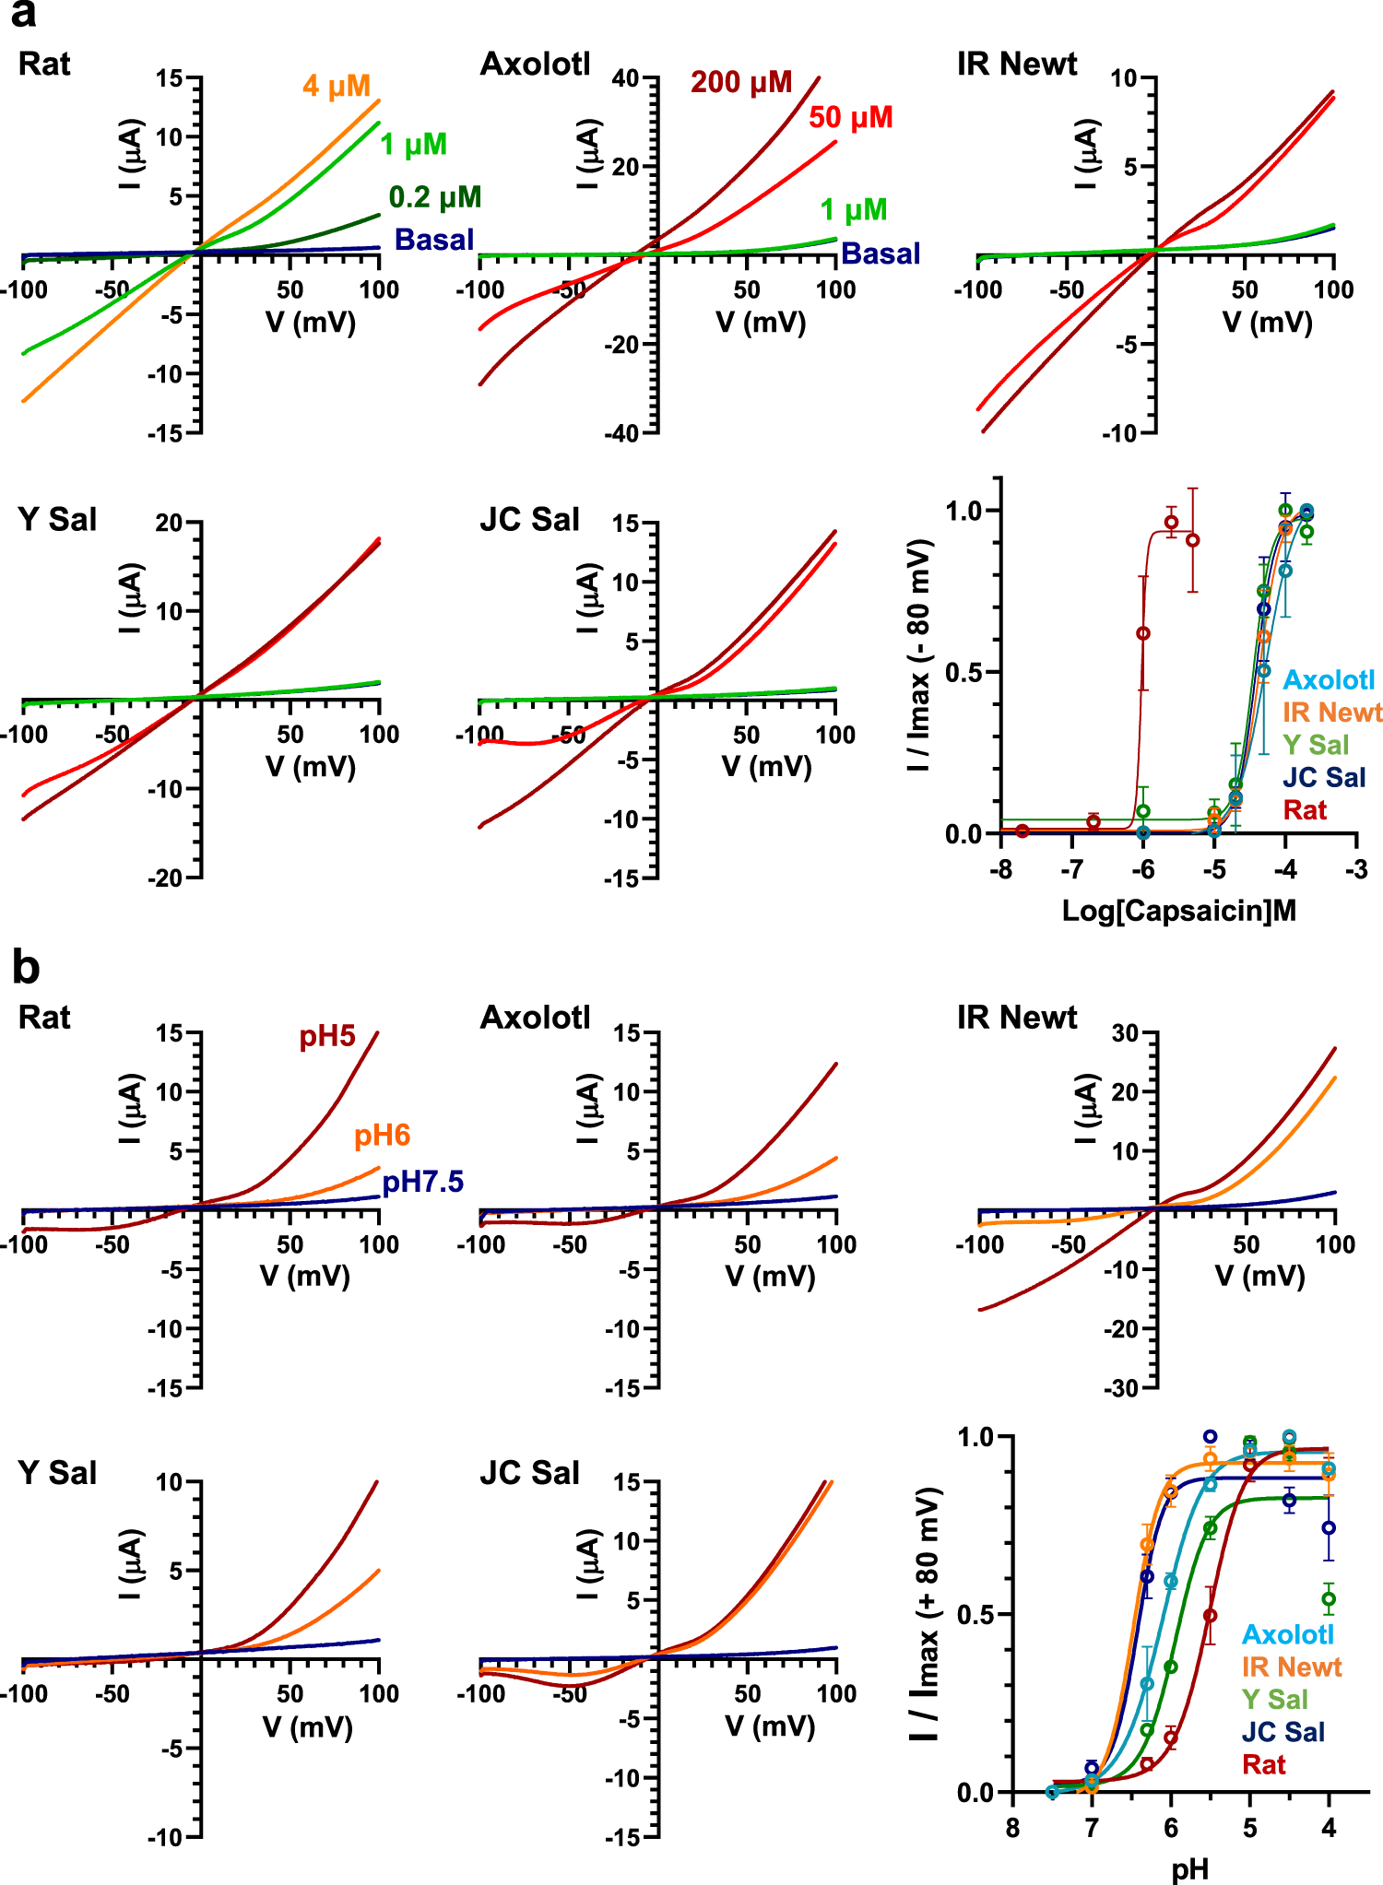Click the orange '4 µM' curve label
tap(336, 87)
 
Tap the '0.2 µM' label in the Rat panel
tap(434, 197)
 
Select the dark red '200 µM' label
tap(741, 83)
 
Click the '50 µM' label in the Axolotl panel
tap(850, 118)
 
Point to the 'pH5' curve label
tap(326, 1036)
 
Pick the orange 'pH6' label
tap(382, 1136)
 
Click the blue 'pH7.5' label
tap(422, 1182)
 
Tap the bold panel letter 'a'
tap(24, 15)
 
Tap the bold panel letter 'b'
tap(26, 968)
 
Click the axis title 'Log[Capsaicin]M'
tap(1179, 911)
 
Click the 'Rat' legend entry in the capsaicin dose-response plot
tap(1305, 810)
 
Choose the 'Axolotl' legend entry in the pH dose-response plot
tap(1287, 1634)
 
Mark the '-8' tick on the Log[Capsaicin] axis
tap(999, 869)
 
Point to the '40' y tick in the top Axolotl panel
tap(625, 78)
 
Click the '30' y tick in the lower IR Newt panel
tap(1125, 1032)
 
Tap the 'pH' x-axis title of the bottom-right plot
tap(1189, 1869)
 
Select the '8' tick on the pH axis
tap(1012, 1829)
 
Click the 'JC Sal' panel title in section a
tap(529, 520)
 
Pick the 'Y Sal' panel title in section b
tap(57, 1473)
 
